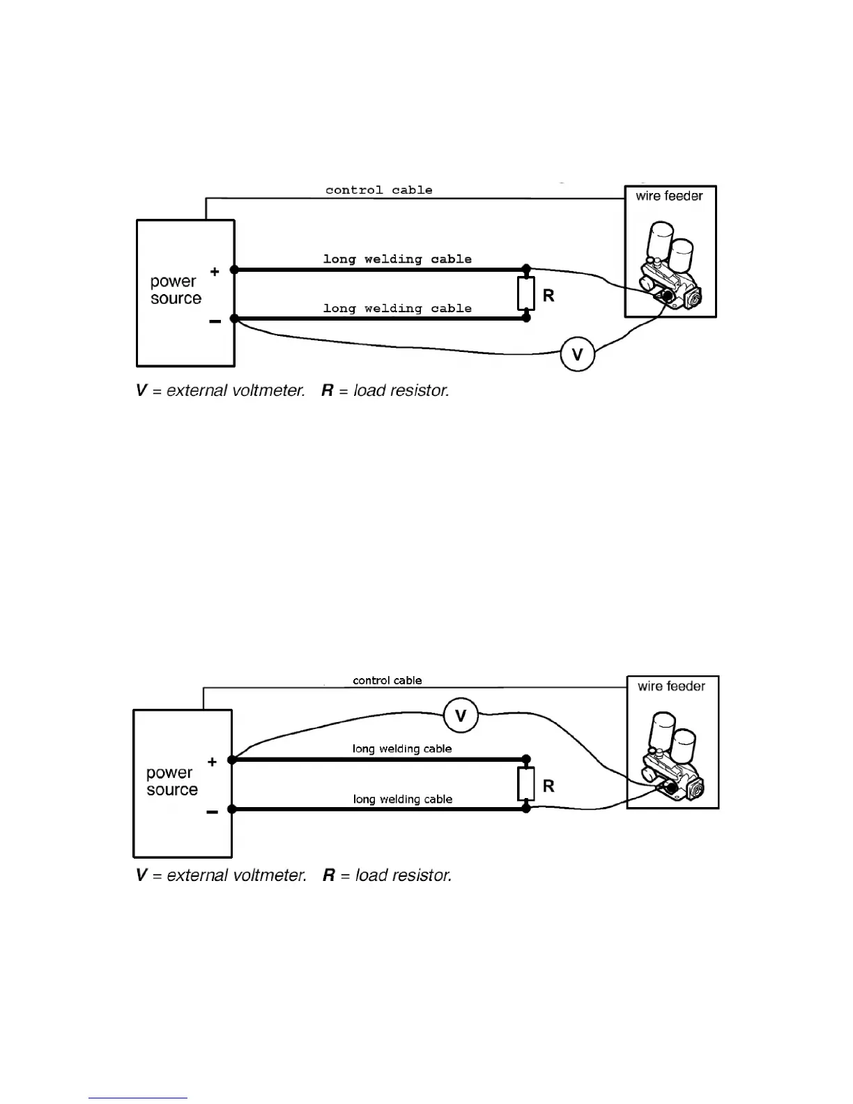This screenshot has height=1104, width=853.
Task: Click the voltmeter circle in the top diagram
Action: coord(577,355)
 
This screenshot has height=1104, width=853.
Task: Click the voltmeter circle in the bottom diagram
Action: coord(461,716)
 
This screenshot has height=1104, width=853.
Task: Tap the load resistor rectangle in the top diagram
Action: coord(526,293)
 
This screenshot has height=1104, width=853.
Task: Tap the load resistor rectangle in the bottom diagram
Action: coord(526,784)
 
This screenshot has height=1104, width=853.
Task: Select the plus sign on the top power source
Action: coord(215,272)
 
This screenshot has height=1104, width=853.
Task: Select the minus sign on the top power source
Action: coord(215,321)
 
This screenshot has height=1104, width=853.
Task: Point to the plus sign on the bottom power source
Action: coord(213,762)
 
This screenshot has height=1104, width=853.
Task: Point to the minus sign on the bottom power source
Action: coord(213,812)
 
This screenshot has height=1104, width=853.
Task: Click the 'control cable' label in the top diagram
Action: coord(378,190)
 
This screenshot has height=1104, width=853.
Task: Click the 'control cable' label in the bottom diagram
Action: coord(387,680)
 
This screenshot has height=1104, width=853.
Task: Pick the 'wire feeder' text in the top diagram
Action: coord(669,197)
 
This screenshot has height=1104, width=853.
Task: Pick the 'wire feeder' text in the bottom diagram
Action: coord(671,687)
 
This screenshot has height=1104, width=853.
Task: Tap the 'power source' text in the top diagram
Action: coord(175,290)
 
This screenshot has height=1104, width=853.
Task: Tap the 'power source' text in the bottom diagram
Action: coord(172,781)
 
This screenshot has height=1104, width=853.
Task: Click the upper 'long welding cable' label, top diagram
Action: coord(397,259)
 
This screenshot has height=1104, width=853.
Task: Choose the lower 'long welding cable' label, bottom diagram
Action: coord(402,799)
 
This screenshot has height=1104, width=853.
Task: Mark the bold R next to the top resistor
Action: coord(548,296)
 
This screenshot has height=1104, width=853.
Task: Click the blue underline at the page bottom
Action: coord(138,1098)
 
